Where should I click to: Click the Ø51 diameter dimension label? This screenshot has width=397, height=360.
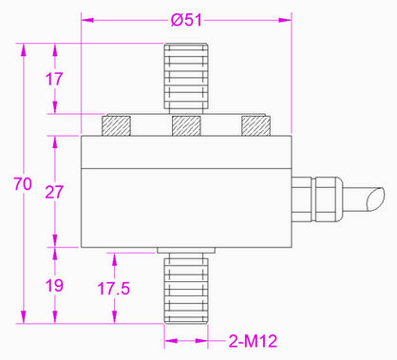186,20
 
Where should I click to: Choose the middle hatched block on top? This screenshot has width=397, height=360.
186,125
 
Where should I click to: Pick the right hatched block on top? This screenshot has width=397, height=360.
254,125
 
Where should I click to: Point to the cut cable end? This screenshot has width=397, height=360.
373,202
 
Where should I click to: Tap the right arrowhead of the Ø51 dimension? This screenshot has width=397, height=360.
286,18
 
